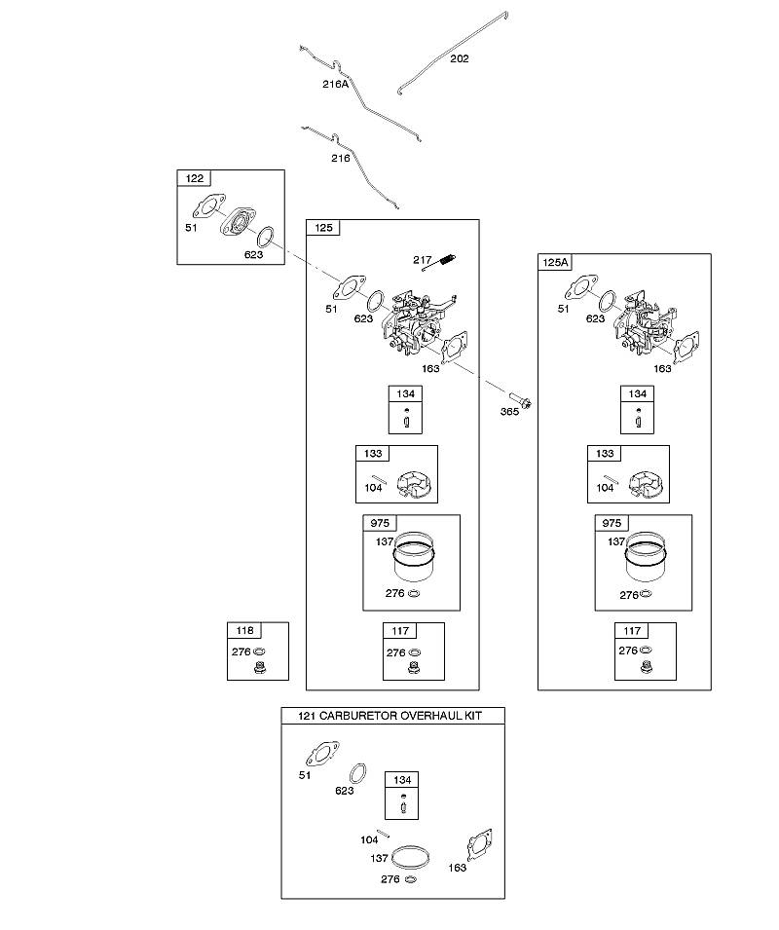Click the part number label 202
(x=460, y=58)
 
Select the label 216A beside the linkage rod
(x=336, y=84)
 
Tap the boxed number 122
(x=195, y=178)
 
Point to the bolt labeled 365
(x=519, y=400)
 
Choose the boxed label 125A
(x=555, y=262)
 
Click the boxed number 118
(x=244, y=630)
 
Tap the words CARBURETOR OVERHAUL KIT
(x=400, y=716)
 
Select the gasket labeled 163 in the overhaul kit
(x=479, y=844)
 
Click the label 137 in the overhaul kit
(x=379, y=858)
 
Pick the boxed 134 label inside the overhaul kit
(x=402, y=780)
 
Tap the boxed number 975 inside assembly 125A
(x=612, y=523)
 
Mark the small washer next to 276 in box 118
(x=259, y=651)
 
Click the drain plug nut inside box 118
(x=258, y=667)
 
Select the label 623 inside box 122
(x=253, y=255)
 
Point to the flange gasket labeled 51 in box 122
(x=208, y=206)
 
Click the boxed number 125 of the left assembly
(x=323, y=228)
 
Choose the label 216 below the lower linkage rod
(x=340, y=159)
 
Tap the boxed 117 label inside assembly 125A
(x=632, y=631)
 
